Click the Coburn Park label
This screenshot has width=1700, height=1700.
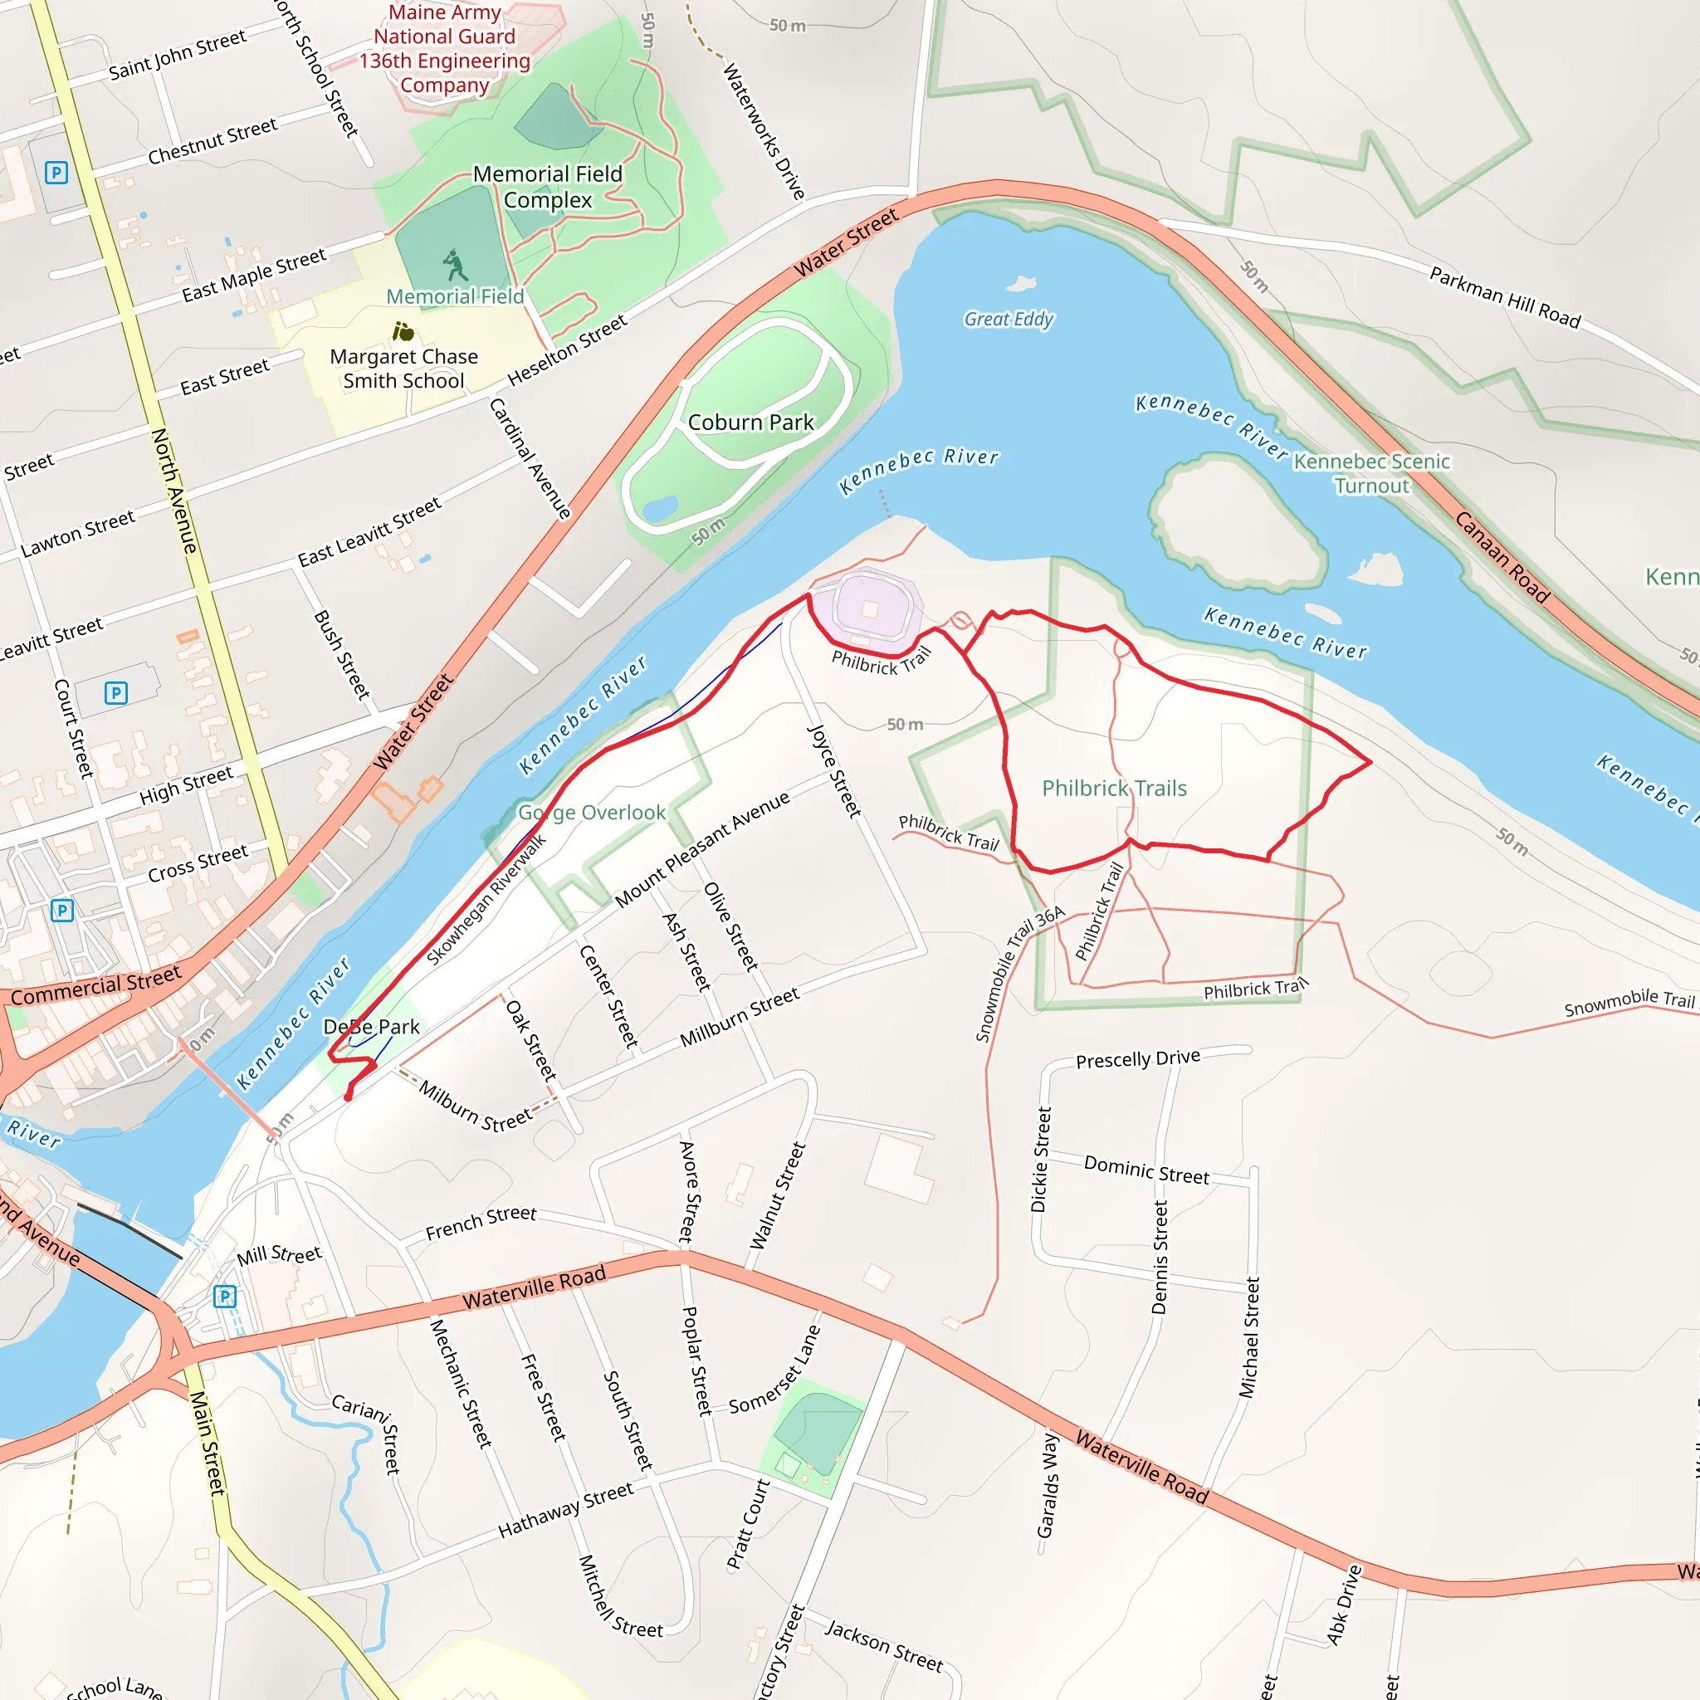pos(750,423)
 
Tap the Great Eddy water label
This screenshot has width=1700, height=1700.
pos(1009,320)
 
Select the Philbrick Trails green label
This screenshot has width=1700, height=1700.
pos(1114,789)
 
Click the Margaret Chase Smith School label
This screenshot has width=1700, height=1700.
pos(404,369)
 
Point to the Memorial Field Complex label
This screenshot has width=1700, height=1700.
pos(547,187)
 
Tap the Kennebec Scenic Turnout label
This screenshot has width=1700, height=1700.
pos(1371,473)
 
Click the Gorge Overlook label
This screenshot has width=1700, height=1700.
pos(591,812)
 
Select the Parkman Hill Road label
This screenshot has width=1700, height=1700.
pos(1505,296)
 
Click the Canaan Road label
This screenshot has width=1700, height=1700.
pos(1502,557)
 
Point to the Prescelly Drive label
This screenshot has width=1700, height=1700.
pos(1138,1058)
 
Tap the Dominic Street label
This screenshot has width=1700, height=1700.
pos(1146,1170)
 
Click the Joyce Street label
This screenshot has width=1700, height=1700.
pos(834,771)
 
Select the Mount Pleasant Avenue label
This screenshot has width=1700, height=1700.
pos(702,850)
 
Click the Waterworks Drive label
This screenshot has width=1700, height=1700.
pos(764,130)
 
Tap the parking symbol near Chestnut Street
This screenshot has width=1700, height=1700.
pos(56,173)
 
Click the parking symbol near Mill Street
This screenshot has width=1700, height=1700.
pos(225,1296)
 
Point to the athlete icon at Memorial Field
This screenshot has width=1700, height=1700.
pos(454,264)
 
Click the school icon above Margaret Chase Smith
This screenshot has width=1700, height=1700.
pos(403,332)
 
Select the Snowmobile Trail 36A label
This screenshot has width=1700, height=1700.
pos(1019,974)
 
